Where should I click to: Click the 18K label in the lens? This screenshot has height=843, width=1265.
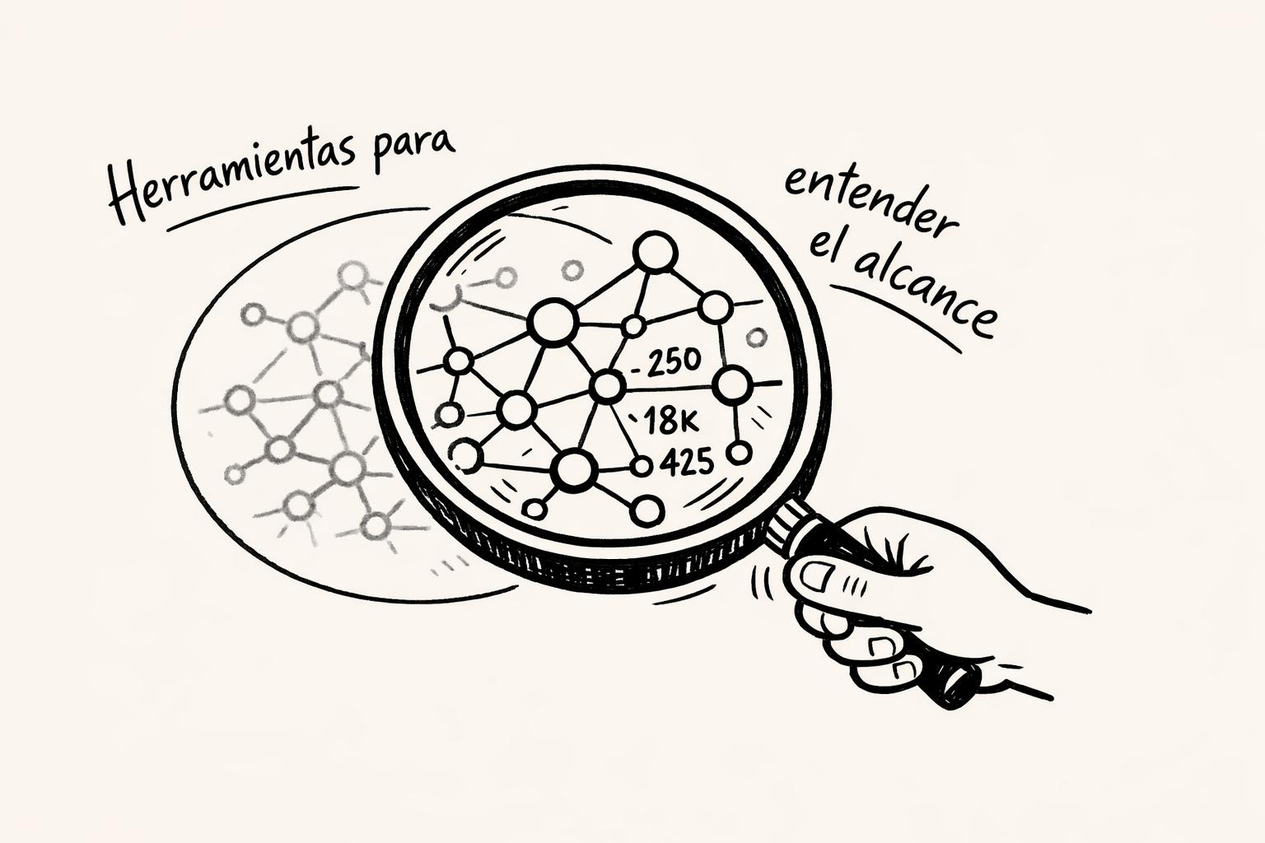click(669, 421)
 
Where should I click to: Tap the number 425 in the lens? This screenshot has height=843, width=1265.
click(686, 463)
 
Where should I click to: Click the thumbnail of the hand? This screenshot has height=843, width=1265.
click(818, 575)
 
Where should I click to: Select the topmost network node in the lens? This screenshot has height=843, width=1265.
click(656, 252)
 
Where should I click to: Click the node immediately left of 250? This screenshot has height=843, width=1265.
click(608, 384)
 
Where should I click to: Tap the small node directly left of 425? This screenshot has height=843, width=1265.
click(642, 466)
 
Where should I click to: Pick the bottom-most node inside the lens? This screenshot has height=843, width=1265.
click(649, 511)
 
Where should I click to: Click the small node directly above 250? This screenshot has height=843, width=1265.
click(633, 326)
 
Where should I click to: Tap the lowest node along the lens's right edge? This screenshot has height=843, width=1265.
click(740, 452)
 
